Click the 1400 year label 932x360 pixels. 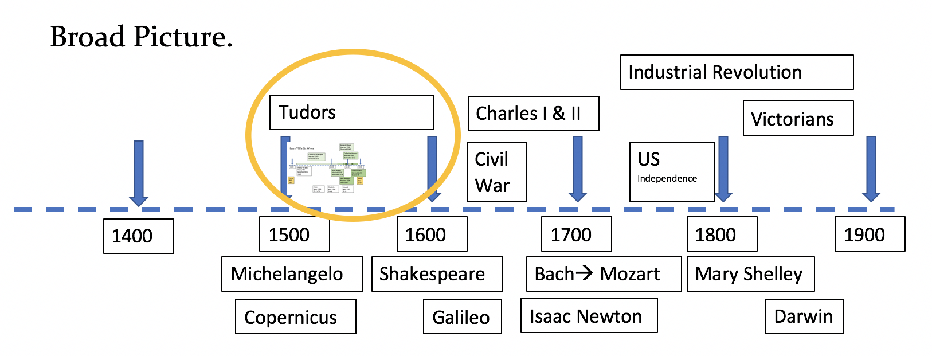click(138, 236)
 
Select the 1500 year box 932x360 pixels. click(294, 234)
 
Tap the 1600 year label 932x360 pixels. click(432, 234)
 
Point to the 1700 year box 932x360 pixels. click(576, 234)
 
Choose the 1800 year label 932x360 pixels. click(722, 234)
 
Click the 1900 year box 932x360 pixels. click(870, 234)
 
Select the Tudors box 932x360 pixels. click(351, 112)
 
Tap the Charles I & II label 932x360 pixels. click(533, 114)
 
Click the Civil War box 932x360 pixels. click(496, 172)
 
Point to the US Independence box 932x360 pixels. click(672, 172)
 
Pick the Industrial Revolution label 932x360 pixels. click(737, 72)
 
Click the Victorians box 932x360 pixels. click(798, 119)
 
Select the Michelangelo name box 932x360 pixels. click(292, 274)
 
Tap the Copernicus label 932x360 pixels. click(295, 316)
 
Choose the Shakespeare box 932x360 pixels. click(437, 274)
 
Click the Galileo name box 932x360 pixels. click(462, 316)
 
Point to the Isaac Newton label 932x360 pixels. click(589, 315)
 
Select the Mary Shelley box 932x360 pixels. click(750, 274)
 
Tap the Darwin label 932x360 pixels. click(804, 316)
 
